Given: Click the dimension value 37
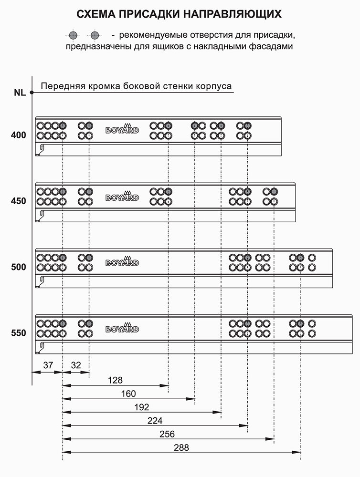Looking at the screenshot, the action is pyautogui.click(x=48, y=365).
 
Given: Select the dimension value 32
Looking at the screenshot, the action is pyautogui.click(x=76, y=365).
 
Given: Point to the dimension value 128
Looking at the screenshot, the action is pyautogui.click(x=115, y=380).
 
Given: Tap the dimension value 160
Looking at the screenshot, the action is pyautogui.click(x=128, y=394).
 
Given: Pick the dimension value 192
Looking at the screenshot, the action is pyautogui.click(x=142, y=407).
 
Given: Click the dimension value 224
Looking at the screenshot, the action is pyautogui.click(x=155, y=421).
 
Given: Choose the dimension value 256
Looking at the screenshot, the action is pyautogui.click(x=167, y=434).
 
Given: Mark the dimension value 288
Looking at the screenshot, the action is pyautogui.click(x=181, y=447).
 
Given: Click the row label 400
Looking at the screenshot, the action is pyautogui.click(x=19, y=135).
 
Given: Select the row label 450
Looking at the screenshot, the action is pyautogui.click(x=19, y=201).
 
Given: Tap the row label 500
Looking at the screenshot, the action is pyautogui.click(x=19, y=267).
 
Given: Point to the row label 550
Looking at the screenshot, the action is pyautogui.click(x=19, y=333).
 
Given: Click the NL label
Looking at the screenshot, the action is pyautogui.click(x=20, y=93).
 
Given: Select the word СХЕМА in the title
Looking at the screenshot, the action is pyautogui.click(x=96, y=14).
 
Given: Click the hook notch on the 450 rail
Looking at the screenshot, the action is pyautogui.click(x=41, y=215).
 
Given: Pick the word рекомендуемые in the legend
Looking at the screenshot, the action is pyautogui.click(x=153, y=35).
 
